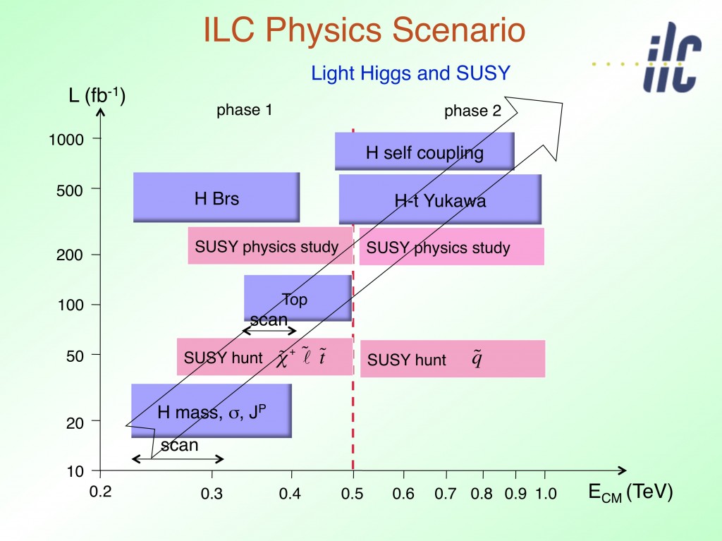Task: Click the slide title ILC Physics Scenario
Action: [364, 31]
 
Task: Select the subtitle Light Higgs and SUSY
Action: [410, 73]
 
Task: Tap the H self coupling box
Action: [424, 152]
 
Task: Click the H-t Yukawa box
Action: [440, 200]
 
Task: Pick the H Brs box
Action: [216, 198]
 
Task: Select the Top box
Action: [297, 298]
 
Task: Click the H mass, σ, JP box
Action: [212, 411]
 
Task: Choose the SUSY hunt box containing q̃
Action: [453, 359]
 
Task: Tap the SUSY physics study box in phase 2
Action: [451, 248]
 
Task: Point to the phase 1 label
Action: [244, 110]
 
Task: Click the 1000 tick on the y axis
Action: [66, 140]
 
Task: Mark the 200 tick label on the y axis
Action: [69, 255]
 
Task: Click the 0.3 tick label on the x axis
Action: [212, 494]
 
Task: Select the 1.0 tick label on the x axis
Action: [546, 494]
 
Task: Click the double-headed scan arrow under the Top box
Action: [269, 331]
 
